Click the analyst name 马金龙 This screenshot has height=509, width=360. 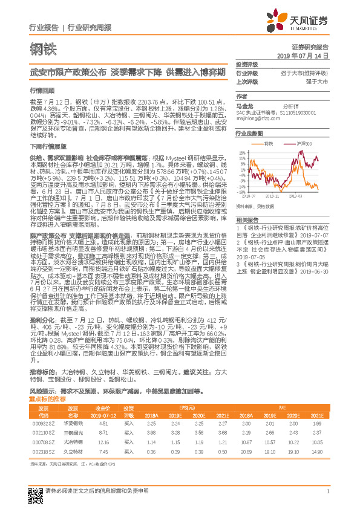(x=243, y=105)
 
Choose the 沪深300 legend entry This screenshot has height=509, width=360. (x=303, y=144)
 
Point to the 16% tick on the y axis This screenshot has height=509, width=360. (x=241, y=153)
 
